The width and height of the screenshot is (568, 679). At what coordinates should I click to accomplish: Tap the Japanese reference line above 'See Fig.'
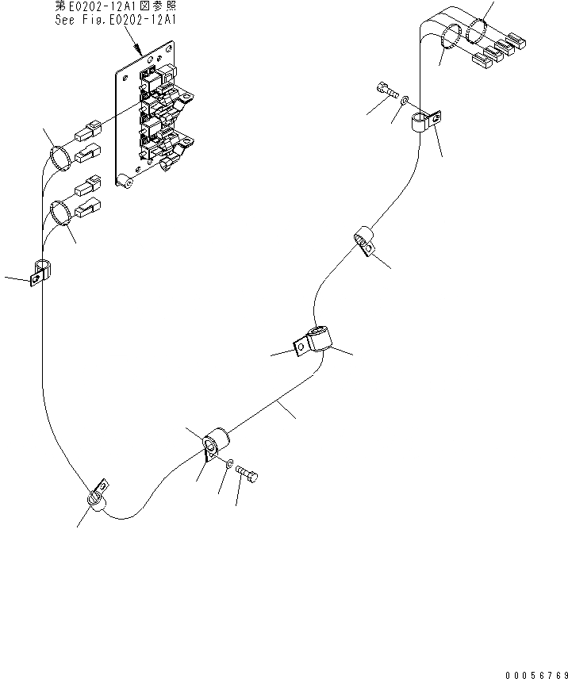pyautogui.click(x=116, y=6)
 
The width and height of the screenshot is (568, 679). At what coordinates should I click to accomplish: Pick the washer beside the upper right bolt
pyautogui.click(x=405, y=102)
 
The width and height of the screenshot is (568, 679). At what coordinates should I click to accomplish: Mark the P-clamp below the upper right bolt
pyautogui.click(x=425, y=123)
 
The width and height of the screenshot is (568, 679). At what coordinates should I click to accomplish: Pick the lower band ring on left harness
pyautogui.click(x=60, y=213)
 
